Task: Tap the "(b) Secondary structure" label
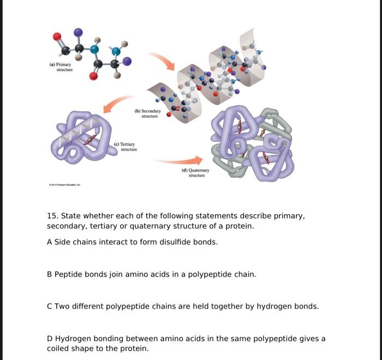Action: (147, 113)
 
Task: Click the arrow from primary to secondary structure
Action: (162, 61)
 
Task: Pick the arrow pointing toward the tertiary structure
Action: (118, 104)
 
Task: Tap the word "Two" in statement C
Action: (62, 306)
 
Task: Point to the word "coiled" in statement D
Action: (58, 348)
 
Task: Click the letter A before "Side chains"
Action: (50, 242)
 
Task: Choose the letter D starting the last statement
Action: (50, 338)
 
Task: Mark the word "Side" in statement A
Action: (62, 242)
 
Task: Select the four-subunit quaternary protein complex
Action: (252, 144)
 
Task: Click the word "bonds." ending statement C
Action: (307, 306)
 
